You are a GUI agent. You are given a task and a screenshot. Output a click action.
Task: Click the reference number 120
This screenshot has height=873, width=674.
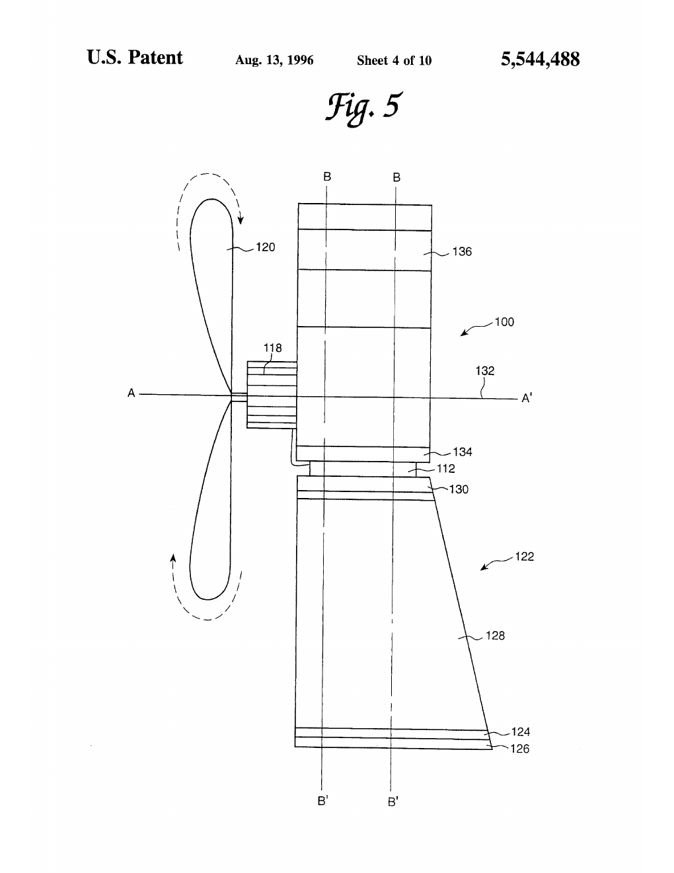266,247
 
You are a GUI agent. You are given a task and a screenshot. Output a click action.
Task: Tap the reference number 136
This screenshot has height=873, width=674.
462,251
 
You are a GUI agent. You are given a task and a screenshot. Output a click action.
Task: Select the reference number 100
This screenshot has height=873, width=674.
504,322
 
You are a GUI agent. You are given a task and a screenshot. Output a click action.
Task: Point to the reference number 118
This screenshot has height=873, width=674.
272,347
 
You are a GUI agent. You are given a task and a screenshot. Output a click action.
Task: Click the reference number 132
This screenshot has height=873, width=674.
485,371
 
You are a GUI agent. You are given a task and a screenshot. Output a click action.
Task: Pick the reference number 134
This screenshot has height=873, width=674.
463,452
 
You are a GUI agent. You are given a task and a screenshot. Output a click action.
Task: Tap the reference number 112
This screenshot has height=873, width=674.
445,468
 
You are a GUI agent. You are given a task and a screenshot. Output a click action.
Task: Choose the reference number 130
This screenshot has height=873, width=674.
459,489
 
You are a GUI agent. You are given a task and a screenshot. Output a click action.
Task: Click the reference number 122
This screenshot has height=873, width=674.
524,556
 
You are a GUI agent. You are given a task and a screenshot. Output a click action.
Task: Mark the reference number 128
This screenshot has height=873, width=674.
495,636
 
